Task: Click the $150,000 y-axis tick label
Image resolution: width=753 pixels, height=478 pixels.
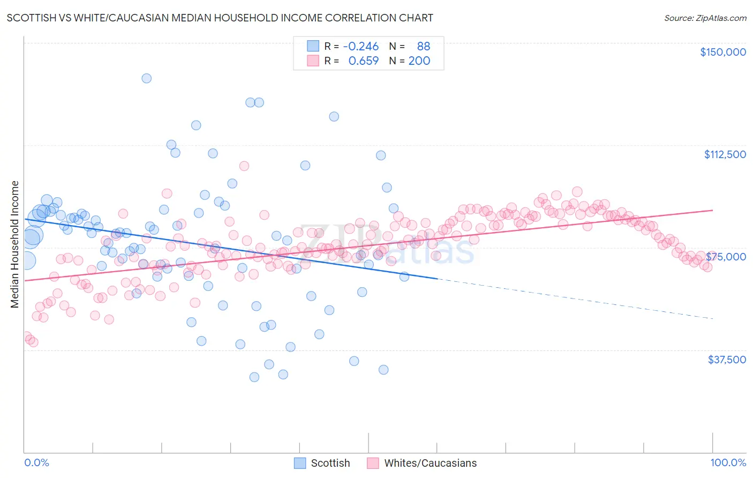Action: [722, 52]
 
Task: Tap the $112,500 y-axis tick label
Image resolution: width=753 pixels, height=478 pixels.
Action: [725, 154]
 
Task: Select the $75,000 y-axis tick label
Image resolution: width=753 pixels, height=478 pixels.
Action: [726, 257]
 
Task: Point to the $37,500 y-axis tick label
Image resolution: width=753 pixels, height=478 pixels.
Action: [727, 360]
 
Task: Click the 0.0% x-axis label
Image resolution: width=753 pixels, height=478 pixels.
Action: [36, 462]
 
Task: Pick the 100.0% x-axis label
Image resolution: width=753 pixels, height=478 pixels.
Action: [728, 462]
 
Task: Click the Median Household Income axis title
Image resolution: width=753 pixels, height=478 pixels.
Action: [15, 244]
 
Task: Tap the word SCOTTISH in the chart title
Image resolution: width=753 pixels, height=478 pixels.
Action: [34, 18]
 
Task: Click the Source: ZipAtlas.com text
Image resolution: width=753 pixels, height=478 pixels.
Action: [705, 18]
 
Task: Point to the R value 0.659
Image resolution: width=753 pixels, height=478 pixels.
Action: [363, 61]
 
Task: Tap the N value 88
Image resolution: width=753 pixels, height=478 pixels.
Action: [423, 46]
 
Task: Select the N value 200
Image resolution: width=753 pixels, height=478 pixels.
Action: [419, 61]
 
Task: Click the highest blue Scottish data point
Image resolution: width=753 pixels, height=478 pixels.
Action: [146, 78]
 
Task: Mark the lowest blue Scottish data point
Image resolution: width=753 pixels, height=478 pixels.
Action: [254, 377]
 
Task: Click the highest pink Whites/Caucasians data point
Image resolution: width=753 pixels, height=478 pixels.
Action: [244, 166]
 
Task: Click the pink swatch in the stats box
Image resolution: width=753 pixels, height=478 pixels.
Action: [313, 61]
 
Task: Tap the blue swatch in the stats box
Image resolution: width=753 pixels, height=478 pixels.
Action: [313, 46]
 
